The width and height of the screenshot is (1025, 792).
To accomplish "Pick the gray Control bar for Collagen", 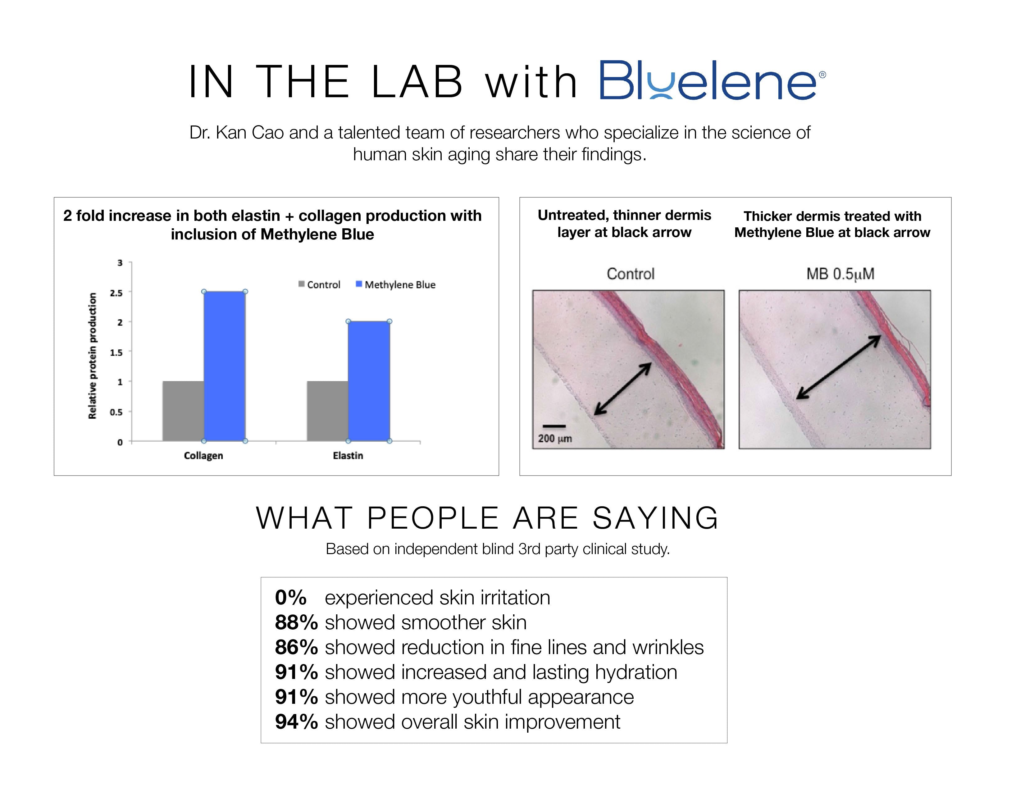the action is [x=183, y=411].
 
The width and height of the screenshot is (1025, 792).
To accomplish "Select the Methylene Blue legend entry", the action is [x=396, y=284].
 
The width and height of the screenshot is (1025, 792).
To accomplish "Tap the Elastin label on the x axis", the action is [x=348, y=455].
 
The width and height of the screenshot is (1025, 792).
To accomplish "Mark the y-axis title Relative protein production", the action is [x=93, y=356].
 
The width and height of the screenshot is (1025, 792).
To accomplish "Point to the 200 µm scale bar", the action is [x=554, y=426].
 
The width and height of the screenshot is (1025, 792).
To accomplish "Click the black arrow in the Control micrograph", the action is [x=623, y=389].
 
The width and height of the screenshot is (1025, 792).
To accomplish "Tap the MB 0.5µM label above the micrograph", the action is [x=840, y=274].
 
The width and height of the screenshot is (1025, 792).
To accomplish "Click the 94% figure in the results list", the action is [x=296, y=721].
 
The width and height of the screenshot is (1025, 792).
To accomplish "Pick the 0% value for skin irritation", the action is [x=290, y=597].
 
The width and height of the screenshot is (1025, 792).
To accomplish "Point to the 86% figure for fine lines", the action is [x=296, y=647].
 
